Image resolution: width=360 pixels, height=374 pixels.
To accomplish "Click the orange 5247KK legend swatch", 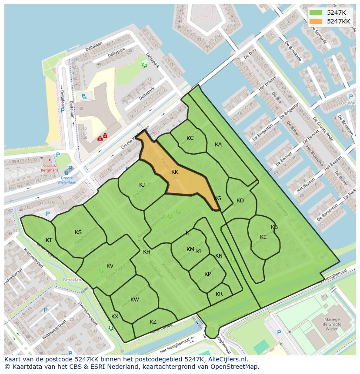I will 316,21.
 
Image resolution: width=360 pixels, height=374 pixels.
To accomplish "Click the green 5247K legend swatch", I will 316,13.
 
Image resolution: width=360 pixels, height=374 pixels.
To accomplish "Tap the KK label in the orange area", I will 175,172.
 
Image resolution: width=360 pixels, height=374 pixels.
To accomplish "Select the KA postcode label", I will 218,145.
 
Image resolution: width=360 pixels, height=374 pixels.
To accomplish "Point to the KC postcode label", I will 190,138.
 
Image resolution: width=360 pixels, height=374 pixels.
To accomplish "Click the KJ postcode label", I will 142,185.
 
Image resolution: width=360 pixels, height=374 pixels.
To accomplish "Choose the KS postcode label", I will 78,232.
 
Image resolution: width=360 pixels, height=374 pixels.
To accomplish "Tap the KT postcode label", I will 49,240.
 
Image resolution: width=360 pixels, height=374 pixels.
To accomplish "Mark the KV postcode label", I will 110,266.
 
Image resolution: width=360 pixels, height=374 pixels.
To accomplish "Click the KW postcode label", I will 135,300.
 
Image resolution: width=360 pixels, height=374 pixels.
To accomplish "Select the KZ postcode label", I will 153,322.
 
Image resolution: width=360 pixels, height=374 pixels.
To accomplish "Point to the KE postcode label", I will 263,237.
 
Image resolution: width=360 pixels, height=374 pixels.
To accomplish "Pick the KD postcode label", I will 240,201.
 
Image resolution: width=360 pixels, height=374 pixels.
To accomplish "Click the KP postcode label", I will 208,274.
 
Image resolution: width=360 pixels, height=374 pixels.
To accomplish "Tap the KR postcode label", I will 219,294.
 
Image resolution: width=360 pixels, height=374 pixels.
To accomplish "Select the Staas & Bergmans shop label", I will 50,168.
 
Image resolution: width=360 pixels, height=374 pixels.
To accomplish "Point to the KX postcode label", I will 115,317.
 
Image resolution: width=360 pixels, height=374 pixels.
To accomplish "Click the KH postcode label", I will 147,252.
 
